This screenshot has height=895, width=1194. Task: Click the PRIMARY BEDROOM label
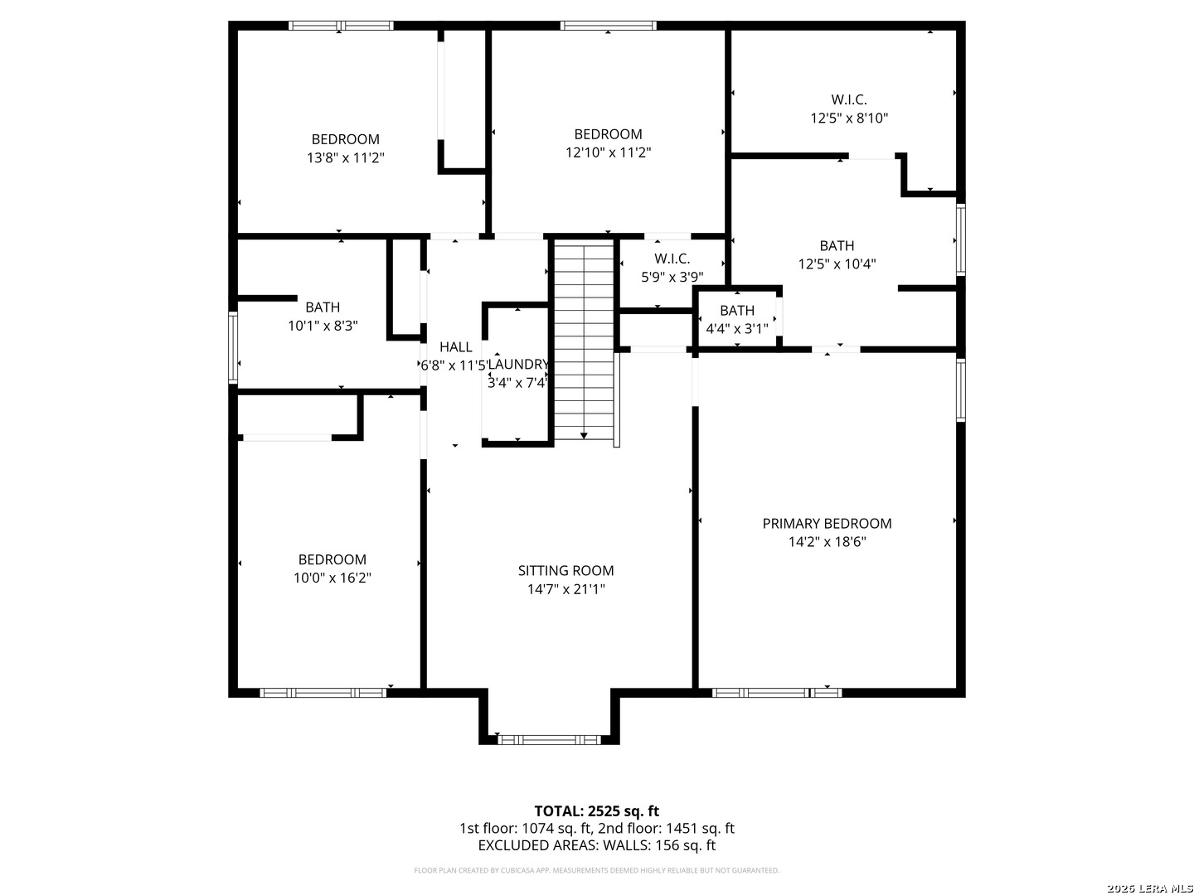[x=827, y=523]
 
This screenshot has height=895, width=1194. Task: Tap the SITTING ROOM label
[x=565, y=570]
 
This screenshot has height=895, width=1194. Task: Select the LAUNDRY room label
[x=518, y=365]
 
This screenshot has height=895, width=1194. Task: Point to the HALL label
[x=455, y=347]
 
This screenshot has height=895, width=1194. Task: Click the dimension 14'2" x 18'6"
[x=827, y=542]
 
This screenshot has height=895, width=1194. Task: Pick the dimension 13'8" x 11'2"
[x=345, y=157]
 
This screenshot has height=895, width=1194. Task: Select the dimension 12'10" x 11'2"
[x=608, y=152]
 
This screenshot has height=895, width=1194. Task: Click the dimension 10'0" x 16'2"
[x=332, y=578]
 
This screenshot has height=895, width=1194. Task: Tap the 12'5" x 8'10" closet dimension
[x=849, y=119]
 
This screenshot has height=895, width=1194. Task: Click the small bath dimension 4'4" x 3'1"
[x=736, y=329]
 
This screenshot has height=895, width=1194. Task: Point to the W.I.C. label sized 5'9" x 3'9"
[x=672, y=259]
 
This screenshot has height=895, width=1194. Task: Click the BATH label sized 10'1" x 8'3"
[x=323, y=307]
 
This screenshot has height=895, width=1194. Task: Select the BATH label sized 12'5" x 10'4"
[x=837, y=245]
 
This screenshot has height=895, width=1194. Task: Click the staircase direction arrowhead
[x=585, y=435]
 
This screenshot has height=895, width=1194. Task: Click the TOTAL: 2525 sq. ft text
[x=596, y=810]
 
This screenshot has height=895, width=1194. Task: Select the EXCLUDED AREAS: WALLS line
[x=596, y=845]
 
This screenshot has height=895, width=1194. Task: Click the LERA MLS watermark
[x=1148, y=888]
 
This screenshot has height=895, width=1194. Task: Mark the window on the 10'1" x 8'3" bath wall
[x=233, y=347]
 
